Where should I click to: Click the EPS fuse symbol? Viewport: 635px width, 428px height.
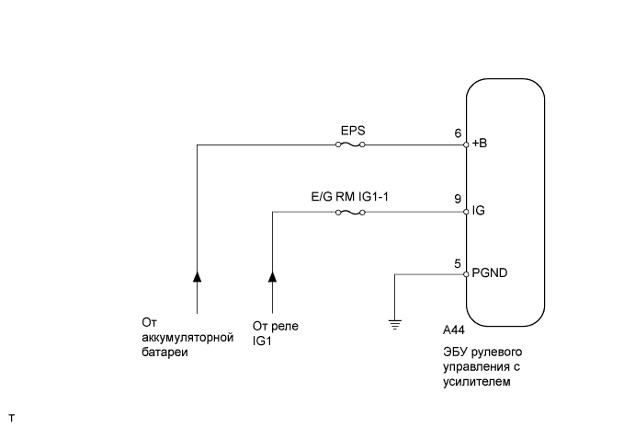click(351, 145)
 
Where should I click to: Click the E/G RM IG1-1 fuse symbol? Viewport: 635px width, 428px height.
click(351, 212)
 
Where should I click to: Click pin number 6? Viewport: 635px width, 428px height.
click(458, 133)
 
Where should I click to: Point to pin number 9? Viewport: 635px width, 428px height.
click(458, 199)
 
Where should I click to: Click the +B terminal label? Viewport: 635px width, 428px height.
click(481, 145)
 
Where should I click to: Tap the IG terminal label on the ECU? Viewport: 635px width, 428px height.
click(478, 212)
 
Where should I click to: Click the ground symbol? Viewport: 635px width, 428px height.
click(393, 322)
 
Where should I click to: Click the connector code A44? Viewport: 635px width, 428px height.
click(453, 330)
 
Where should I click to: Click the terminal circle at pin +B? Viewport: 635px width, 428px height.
click(466, 145)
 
